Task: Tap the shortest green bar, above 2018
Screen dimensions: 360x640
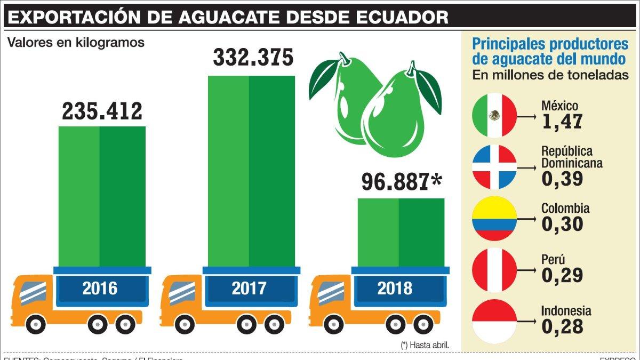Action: [400, 232]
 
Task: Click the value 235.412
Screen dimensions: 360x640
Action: [102, 111]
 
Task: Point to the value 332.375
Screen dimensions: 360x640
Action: [253, 58]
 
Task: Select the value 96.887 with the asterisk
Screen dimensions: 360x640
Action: [402, 182]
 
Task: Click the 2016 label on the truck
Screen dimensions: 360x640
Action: [100, 289]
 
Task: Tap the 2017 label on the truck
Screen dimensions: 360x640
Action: [249, 289]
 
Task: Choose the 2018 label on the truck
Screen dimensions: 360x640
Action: [395, 289]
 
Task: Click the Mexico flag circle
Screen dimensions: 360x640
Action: [494, 115]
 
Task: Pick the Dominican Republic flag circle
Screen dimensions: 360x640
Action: [494, 166]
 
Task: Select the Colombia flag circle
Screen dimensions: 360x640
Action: [494, 218]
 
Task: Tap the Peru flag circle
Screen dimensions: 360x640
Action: [494, 269]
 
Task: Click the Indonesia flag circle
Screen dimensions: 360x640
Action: [494, 321]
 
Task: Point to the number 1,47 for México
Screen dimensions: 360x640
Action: [562, 122]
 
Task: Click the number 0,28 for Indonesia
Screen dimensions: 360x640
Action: [562, 326]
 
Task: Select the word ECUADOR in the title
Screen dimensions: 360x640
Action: [406, 17]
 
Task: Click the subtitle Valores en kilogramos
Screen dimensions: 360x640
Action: [76, 43]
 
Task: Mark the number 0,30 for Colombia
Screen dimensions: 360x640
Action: [562, 224]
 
